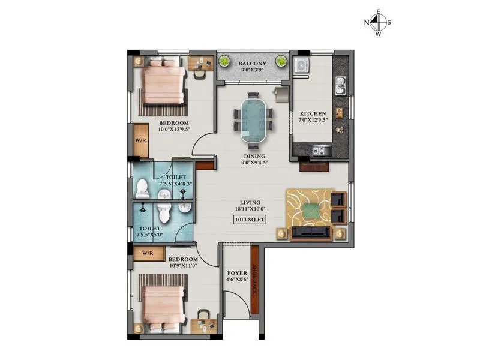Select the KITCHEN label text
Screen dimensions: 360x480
point(313,113)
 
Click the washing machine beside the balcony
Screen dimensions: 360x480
point(301,65)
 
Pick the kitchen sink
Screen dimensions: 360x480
point(340,86)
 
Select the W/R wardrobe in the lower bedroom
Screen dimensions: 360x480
point(147,254)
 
